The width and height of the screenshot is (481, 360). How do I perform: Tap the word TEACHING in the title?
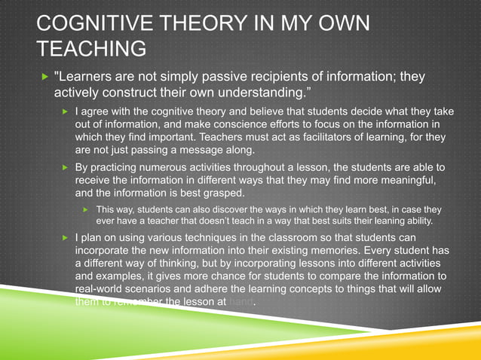[91, 50]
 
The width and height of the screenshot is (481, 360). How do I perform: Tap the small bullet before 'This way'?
[87, 209]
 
